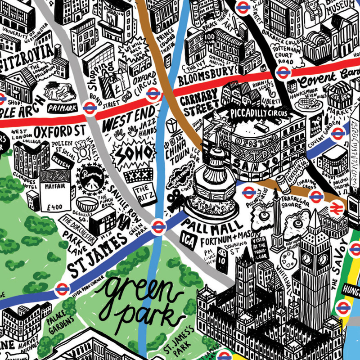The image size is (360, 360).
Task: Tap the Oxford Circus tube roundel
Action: (153, 94)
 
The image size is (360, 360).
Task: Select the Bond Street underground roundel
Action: (89, 107)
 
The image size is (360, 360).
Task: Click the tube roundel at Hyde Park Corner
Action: (62, 290)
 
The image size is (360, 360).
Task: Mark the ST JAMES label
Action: (101, 254)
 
